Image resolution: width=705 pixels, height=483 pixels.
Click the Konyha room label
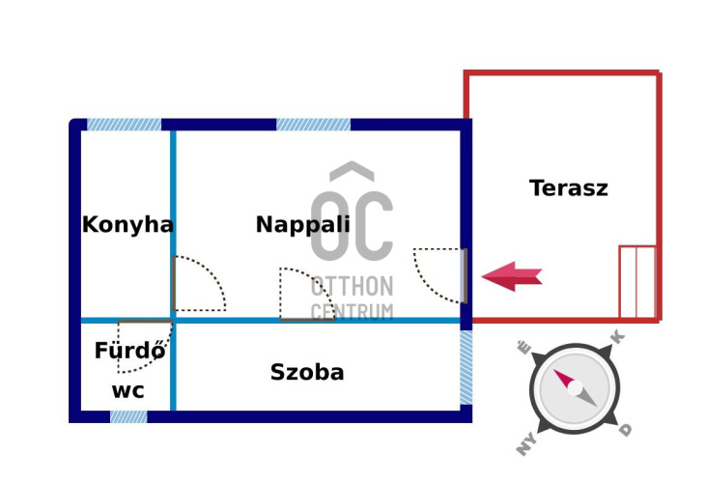[127, 225]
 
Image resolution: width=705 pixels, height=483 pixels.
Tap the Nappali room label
[302, 225]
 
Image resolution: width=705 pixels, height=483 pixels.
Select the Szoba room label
[307, 373]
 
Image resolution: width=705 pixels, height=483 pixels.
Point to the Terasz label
[569, 188]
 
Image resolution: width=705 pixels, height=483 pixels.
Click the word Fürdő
[129, 352]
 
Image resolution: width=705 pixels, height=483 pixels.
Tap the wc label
[127, 391]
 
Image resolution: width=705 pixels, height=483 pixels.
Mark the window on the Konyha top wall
[124, 125]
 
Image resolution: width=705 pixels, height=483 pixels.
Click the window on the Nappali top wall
[313, 125]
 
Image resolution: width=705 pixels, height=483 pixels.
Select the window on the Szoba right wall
[466, 367]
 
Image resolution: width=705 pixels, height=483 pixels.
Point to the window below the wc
[128, 416]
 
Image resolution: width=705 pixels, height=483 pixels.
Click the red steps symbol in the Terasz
[637, 282]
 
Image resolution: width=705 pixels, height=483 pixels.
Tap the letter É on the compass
[524, 348]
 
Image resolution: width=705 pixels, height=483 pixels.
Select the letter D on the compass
[626, 430]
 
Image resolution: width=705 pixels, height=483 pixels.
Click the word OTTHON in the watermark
[352, 287]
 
